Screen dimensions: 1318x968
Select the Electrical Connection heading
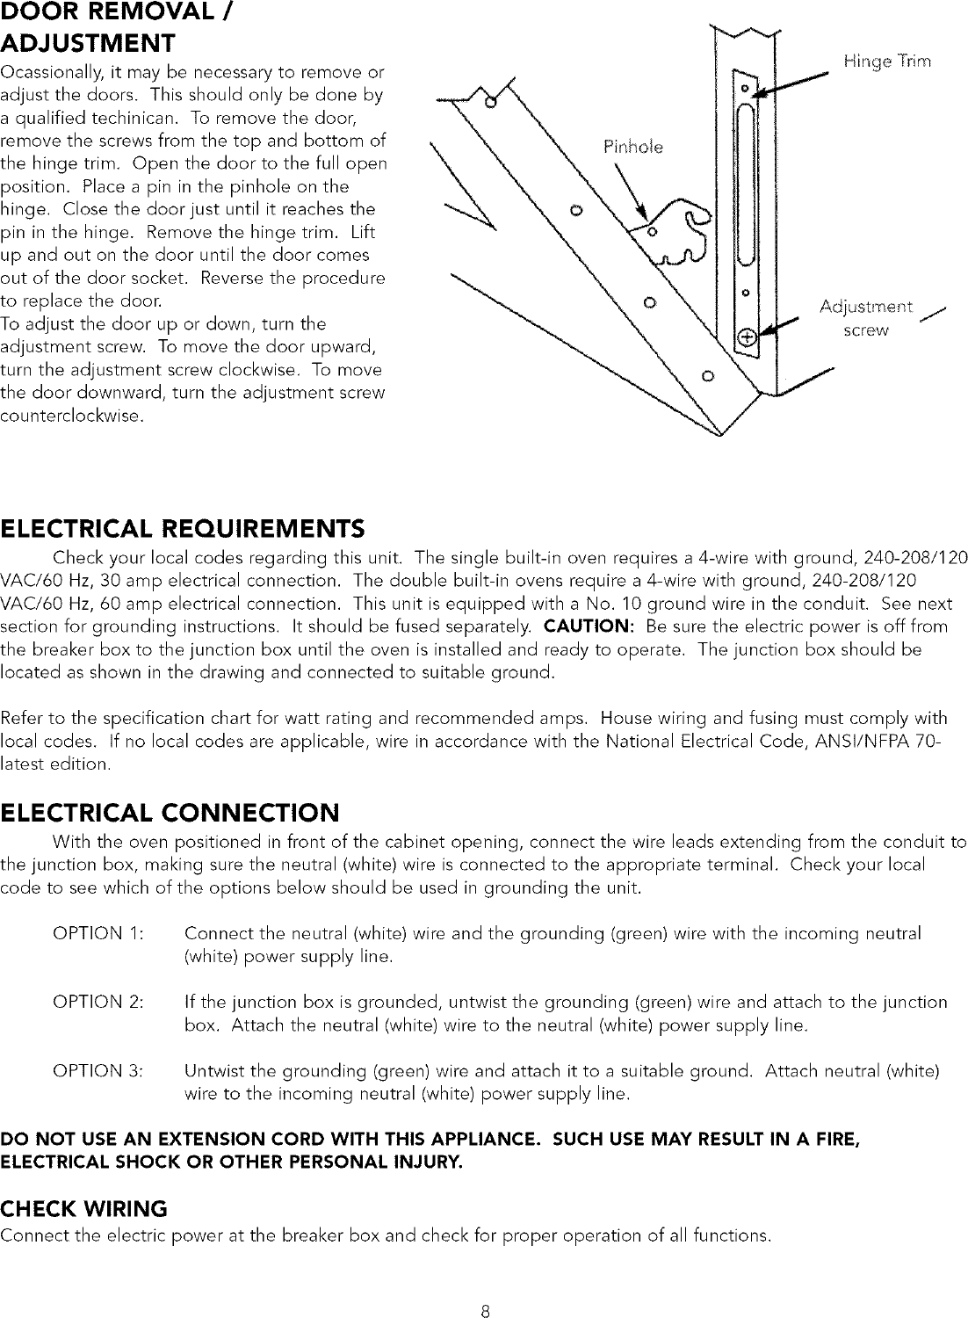(170, 809)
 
